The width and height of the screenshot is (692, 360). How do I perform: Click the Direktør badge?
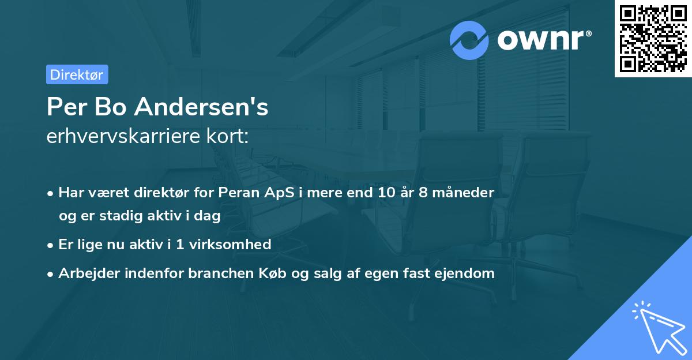point(77,74)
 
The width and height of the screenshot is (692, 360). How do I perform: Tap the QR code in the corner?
point(652,38)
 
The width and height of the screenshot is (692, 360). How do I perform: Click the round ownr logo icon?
point(469,40)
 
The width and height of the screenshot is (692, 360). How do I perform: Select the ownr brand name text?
point(543,40)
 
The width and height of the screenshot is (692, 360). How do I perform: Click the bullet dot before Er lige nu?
point(51,245)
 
